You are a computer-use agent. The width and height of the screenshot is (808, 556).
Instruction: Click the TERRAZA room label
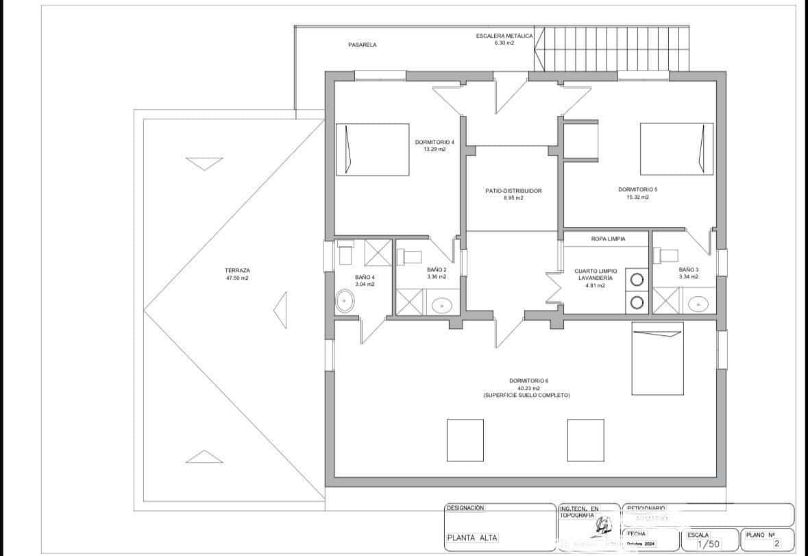236,270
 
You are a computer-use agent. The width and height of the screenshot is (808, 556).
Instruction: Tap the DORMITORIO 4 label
434,142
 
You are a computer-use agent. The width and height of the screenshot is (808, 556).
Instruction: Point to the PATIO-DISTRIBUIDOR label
513,191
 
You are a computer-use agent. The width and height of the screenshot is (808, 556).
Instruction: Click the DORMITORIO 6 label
528,380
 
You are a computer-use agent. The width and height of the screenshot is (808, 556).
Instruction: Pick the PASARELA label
363,45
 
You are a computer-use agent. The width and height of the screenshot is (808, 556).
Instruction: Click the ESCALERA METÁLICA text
504,36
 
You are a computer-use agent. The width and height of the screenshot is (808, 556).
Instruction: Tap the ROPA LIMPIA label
608,239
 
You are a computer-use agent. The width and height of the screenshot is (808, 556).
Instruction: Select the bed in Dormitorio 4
372,149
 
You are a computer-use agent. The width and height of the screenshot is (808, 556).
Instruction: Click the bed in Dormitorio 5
676,149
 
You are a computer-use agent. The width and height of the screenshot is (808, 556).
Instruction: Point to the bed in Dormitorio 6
657,359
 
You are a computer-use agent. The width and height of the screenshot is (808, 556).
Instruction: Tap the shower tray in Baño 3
665,300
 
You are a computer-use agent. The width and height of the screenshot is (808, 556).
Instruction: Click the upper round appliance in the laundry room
637,279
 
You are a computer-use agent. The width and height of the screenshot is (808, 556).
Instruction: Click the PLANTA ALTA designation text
473,537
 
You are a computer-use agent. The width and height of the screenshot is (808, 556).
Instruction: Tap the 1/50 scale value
708,544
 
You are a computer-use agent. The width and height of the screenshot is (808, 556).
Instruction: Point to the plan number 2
776,543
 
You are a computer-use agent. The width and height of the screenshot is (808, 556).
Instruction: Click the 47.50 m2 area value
236,279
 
